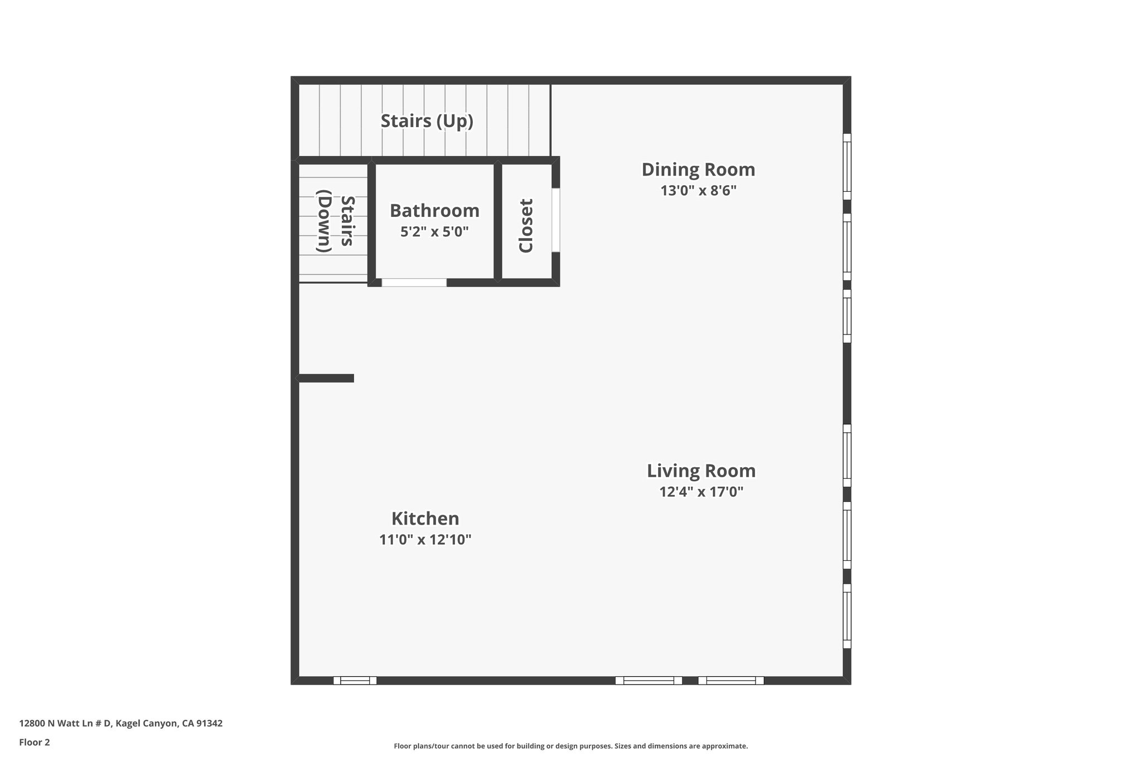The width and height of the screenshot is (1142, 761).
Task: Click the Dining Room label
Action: coord(698,169)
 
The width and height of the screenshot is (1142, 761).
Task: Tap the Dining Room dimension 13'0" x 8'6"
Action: coord(698,191)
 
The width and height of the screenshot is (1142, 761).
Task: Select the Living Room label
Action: coord(701,471)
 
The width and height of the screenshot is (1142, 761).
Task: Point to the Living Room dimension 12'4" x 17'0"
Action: coord(701,492)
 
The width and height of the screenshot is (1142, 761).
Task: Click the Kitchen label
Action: coord(425,518)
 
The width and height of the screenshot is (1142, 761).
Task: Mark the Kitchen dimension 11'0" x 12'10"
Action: coord(425,540)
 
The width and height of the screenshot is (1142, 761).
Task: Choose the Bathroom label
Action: coord(434,211)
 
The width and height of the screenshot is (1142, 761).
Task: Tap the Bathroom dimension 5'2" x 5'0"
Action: coord(434,231)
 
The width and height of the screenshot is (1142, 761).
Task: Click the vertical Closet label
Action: coord(526,225)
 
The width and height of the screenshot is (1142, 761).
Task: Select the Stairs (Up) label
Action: coord(427,121)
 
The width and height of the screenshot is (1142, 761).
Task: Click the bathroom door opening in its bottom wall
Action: coord(414,283)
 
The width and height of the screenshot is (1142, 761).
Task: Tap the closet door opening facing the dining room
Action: coord(555,220)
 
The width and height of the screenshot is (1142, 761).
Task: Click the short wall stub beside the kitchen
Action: coord(326,378)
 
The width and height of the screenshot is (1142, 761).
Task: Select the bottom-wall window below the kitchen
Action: coord(355,680)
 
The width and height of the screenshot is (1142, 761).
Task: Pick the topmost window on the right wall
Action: coord(846,166)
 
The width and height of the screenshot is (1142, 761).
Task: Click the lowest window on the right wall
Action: coord(846,616)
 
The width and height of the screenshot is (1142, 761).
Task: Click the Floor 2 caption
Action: coord(34,742)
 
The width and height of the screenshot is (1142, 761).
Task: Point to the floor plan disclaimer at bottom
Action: coord(570,746)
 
